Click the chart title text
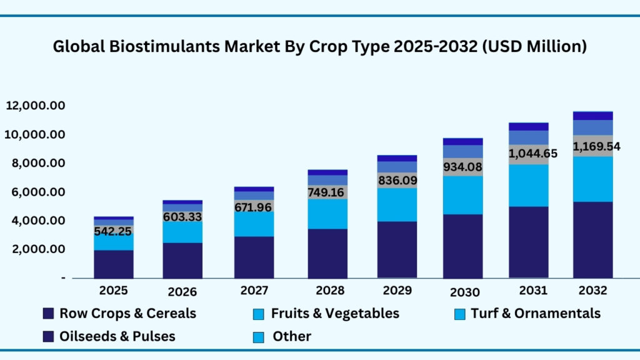[x=320, y=47]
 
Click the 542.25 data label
[x=114, y=231]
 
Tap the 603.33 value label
[x=182, y=216]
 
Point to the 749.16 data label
[x=327, y=192]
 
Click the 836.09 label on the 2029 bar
[x=397, y=180]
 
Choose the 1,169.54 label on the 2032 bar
[x=593, y=147]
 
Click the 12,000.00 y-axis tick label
[x=36, y=106]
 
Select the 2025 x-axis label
[x=114, y=291]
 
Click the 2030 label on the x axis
[x=464, y=292]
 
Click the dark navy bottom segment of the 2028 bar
[x=327, y=253]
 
